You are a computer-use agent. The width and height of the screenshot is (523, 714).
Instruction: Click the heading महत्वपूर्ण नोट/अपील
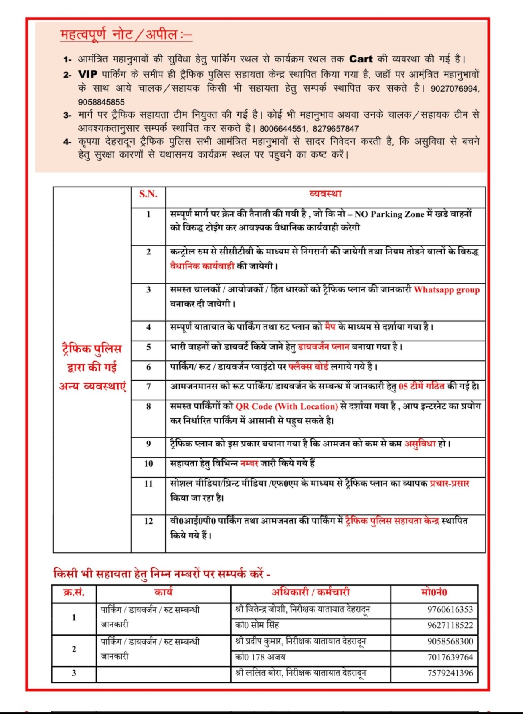point(126,35)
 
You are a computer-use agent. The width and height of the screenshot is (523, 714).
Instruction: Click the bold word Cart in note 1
point(361,59)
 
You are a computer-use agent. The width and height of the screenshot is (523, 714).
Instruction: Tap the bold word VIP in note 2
point(88,74)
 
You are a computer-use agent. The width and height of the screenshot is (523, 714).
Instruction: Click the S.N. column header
point(148,194)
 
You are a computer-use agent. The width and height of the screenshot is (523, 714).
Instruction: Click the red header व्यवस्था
point(325,194)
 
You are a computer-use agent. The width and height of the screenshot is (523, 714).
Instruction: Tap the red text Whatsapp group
point(446,290)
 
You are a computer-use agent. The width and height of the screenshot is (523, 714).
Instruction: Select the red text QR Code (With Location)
point(286,406)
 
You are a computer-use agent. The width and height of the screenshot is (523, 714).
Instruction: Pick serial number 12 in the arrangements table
point(148,521)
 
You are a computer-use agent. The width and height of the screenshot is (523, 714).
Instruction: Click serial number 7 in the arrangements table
point(148,387)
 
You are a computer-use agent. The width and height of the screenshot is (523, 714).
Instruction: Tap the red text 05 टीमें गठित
point(421,387)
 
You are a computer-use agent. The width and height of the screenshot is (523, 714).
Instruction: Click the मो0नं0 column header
point(434,592)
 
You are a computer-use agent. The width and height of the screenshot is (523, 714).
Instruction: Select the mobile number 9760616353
point(450,610)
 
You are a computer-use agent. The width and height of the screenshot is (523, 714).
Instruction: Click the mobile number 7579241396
point(450,673)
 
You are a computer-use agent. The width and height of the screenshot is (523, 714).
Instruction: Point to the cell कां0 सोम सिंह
point(257,625)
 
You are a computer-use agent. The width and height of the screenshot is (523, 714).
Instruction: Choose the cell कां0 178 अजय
point(260,657)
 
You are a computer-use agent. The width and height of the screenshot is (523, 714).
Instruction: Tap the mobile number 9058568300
point(450,641)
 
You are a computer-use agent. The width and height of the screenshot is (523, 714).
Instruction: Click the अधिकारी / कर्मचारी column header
point(310,592)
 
